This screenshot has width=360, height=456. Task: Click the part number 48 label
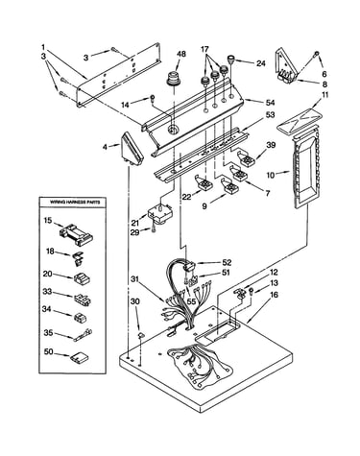(181, 54)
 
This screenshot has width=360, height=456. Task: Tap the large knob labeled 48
(174, 79)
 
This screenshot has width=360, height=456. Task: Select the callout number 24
(261, 63)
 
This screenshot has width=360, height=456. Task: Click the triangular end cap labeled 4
(131, 150)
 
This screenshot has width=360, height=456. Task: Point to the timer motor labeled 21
(160, 212)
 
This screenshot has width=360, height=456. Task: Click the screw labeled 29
(154, 228)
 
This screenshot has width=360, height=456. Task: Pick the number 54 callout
(270, 103)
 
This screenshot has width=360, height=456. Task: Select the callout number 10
(271, 175)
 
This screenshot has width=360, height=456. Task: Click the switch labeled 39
(246, 157)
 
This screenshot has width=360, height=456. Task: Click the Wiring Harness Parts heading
(75, 203)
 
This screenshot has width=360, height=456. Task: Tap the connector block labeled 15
(76, 231)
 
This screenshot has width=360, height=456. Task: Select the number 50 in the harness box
(48, 352)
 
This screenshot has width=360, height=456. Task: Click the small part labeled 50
(80, 356)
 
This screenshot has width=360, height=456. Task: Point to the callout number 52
(227, 262)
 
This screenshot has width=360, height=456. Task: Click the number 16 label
(274, 294)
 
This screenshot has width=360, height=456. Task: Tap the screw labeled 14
(153, 98)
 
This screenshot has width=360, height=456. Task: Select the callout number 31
(135, 279)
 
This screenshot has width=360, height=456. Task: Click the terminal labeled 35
(83, 334)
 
